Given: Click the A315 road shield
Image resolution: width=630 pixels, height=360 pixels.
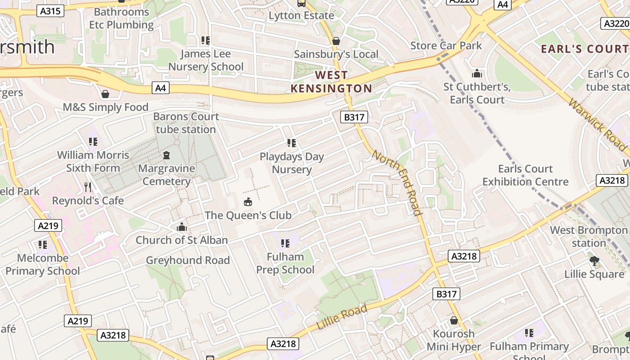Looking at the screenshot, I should point(50,11).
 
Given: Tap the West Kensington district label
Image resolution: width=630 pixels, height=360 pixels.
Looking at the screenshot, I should point(332,81).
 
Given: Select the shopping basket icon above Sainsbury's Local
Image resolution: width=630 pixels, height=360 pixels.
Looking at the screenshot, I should point(336,41).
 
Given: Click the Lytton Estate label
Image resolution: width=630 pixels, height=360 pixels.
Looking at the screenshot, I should point(301,15).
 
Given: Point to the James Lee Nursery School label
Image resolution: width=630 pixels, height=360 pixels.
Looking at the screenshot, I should point(206,60).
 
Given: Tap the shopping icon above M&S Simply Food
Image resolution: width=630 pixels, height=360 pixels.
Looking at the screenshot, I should point(105,94).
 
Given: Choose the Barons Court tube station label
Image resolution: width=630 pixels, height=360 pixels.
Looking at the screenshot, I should point(186,123).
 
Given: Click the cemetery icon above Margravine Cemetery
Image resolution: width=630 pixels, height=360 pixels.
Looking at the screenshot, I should point(166,156).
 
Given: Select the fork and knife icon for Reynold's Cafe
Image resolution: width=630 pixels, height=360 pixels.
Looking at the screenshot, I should point(88,187).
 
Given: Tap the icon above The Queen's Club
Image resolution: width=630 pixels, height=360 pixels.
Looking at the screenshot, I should point(248,202).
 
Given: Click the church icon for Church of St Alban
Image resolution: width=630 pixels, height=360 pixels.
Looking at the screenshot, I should point(182,227).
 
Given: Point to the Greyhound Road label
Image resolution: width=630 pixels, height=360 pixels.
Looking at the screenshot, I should point(188,260).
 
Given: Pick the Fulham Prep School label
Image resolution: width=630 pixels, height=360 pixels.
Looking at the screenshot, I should point(285,263).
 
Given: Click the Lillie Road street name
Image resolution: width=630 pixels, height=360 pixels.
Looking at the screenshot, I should point(342,317).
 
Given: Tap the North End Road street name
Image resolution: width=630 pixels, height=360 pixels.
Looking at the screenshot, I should point(397,183).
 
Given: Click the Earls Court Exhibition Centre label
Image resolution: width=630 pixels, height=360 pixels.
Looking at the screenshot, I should point(526,175).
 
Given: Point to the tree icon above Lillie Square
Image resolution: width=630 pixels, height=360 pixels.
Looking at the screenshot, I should point(594,261).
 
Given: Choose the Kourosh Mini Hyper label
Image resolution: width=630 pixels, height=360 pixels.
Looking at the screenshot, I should point(454,340).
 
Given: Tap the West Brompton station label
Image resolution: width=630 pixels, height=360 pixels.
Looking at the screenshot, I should point(589,237).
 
